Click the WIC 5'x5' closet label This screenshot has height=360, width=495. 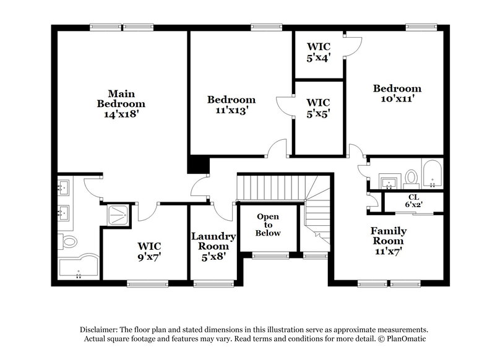[x=318, y=108]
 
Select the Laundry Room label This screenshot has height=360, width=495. [x=213, y=241]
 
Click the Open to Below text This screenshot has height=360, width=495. [x=269, y=225]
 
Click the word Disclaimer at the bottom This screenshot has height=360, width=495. [x=101, y=330]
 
